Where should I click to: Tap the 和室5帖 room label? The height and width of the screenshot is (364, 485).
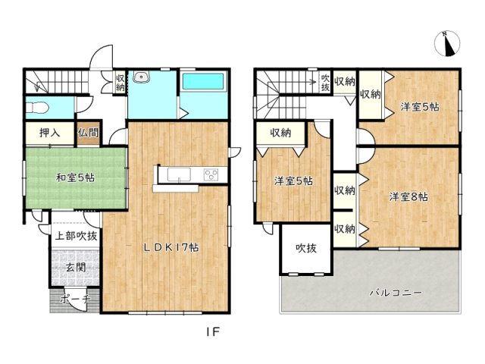pos(75,178)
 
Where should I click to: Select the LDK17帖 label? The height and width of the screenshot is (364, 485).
pos(172,247)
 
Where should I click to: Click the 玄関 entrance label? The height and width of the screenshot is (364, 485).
pos(74,266)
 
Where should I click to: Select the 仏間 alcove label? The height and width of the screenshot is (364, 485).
pos(88,133)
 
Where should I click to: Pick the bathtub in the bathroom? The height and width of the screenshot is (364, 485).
pos(202,81)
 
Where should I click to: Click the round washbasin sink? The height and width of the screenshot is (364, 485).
pos(141,77)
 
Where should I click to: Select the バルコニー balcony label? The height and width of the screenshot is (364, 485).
pos(396,291)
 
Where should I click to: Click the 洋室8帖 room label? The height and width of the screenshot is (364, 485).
pos(409,197)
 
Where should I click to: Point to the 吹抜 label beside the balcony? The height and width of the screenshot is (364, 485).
pos(306,248)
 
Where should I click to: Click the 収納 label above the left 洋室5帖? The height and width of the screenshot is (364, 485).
pos(280,133)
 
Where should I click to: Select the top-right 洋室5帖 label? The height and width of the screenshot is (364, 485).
pos(419,107)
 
